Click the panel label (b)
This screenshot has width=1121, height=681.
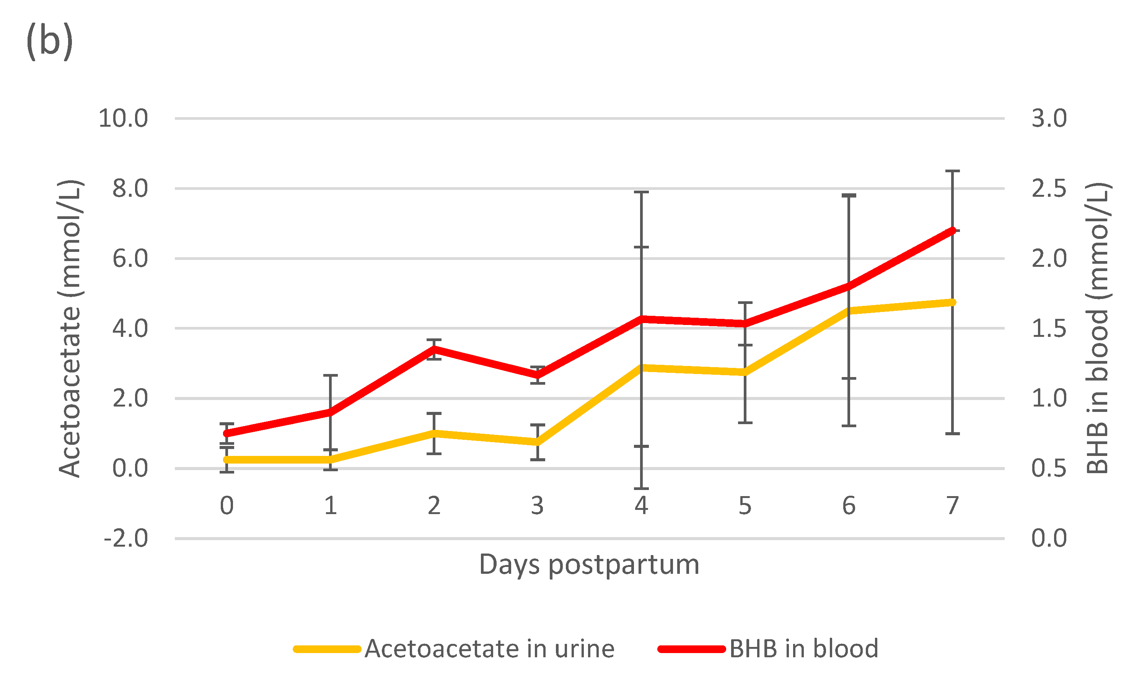50,41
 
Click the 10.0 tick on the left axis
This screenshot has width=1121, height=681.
123,119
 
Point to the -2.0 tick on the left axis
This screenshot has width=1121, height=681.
125,539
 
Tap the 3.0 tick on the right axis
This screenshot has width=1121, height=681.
1049,119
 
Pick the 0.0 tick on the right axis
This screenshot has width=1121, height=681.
1049,539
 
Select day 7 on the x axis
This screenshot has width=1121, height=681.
952,506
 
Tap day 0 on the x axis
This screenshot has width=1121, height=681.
226,506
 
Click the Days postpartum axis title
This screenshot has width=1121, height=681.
589,565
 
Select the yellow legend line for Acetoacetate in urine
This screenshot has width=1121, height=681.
327,649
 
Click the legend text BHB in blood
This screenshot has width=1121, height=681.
803,649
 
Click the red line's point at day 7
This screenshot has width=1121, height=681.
952,230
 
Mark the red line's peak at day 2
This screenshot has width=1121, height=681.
434,349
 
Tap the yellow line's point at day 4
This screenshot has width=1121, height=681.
642,367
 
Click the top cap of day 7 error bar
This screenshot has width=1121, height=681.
952,171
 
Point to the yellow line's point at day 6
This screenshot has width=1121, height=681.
849,311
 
